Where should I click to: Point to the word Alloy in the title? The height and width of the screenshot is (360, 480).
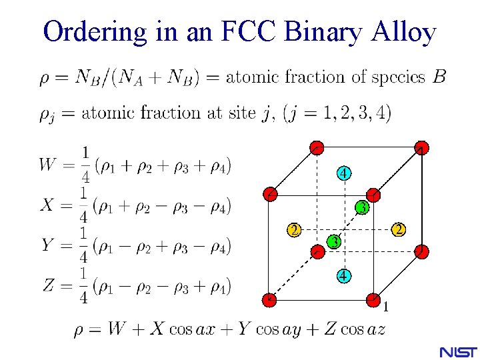pyautogui.click(x=405, y=31)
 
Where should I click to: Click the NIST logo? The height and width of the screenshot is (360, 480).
pyautogui.click(x=457, y=351)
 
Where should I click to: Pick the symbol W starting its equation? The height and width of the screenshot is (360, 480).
pyautogui.click(x=49, y=164)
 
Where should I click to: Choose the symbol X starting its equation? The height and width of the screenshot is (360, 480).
pyautogui.click(x=47, y=205)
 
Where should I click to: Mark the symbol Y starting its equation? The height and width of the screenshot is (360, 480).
pyautogui.click(x=47, y=245)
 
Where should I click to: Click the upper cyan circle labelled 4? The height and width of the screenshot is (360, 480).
pyautogui.click(x=343, y=173)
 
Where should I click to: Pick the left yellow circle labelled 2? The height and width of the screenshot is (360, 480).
pyautogui.click(x=293, y=231)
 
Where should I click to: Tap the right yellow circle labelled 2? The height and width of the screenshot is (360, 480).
pyautogui.click(x=398, y=230)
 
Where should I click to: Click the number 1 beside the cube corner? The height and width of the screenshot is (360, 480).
pyautogui.click(x=385, y=307)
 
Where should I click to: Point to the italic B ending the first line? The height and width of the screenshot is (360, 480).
pyautogui.click(x=439, y=77)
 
